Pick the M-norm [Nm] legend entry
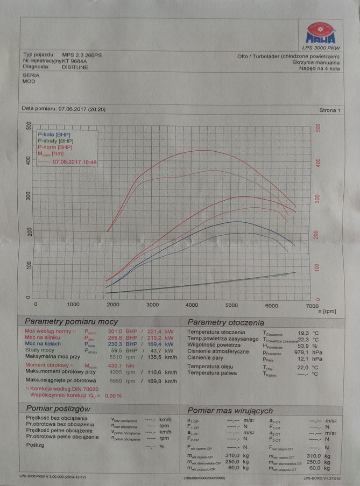[x=52, y=154]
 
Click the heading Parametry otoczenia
[x=225, y=322]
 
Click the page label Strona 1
[x=329, y=110]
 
